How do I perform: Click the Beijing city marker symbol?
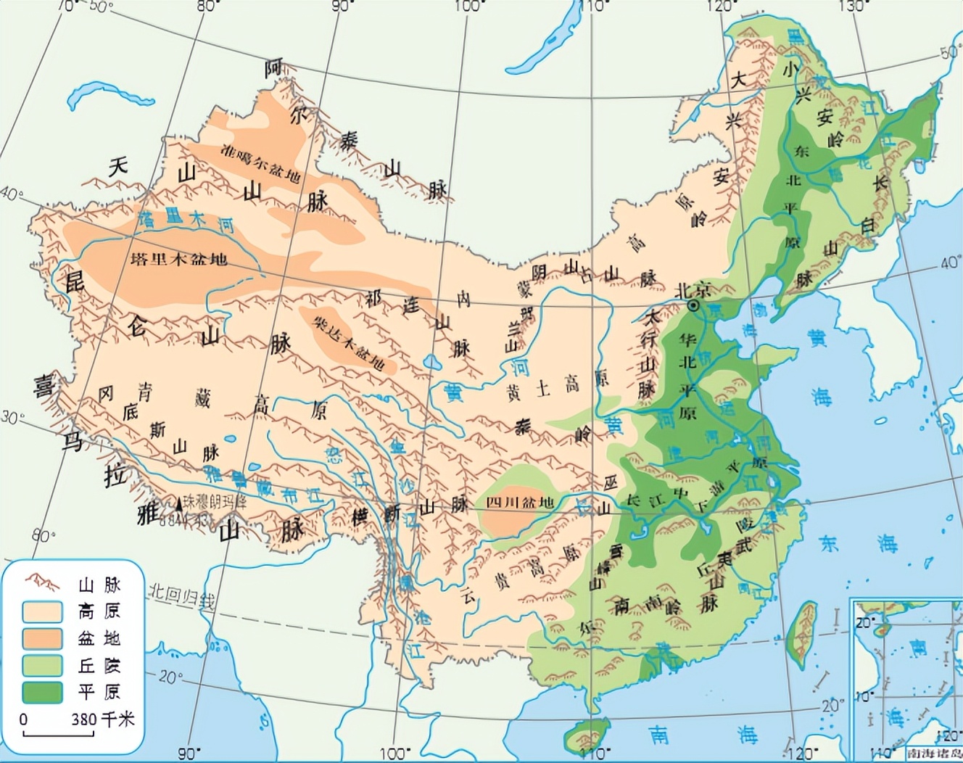[695, 307]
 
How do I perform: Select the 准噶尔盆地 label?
[260, 164]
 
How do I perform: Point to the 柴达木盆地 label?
[348, 342]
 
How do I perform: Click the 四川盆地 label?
[520, 503]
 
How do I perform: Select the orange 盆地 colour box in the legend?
[42, 638]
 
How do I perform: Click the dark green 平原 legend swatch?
[42, 692]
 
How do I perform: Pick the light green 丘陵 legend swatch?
[42, 665]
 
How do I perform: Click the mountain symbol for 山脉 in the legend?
[42, 583]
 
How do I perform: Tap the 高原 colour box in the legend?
[42, 611]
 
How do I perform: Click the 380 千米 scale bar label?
[102, 719]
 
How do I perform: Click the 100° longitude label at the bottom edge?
[394, 753]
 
